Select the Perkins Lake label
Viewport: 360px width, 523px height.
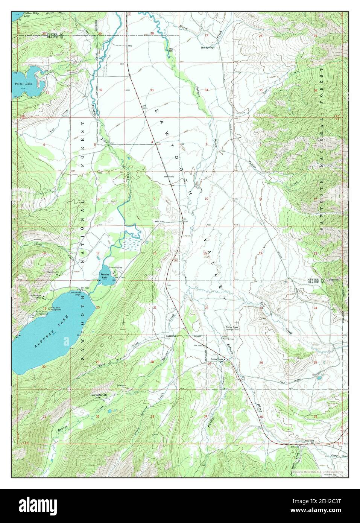click(x=102, y=276)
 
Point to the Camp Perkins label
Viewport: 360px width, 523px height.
click(x=115, y=268)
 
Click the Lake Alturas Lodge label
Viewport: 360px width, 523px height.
click(x=77, y=293)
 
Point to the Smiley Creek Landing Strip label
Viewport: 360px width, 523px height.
click(x=235, y=328)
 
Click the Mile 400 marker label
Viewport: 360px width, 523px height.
click(x=225, y=337)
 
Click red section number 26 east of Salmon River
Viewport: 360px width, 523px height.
click(x=261, y=362)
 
